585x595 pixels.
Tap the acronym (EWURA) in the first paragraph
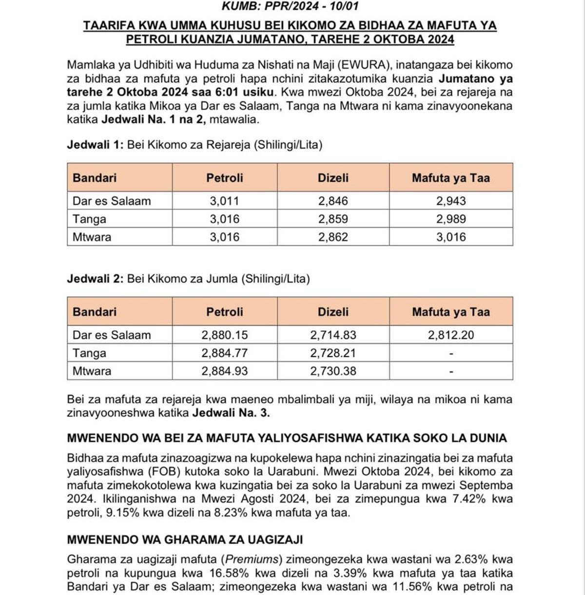(360, 65)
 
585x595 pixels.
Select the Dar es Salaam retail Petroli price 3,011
(225, 201)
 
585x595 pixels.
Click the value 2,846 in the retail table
(333, 201)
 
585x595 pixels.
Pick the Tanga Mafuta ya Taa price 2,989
(451, 219)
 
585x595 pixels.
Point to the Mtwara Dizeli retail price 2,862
(333, 237)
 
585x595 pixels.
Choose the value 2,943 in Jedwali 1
(451, 201)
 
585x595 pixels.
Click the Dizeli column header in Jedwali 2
(333, 312)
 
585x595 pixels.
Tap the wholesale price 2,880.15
(225, 335)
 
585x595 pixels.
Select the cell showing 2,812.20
(451, 335)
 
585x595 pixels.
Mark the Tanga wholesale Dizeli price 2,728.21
(333, 353)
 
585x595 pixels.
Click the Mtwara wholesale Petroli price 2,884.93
(225, 371)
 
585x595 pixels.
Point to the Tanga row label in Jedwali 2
(89, 353)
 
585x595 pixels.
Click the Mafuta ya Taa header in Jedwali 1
(451, 178)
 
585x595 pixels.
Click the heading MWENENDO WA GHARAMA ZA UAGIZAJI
(185, 539)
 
